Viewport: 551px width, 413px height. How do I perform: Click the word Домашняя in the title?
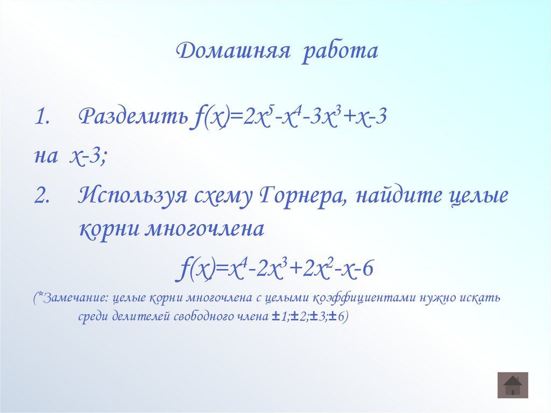click(233, 52)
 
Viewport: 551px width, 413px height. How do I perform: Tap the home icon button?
click(513, 385)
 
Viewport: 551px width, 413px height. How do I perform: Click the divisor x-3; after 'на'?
click(88, 157)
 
